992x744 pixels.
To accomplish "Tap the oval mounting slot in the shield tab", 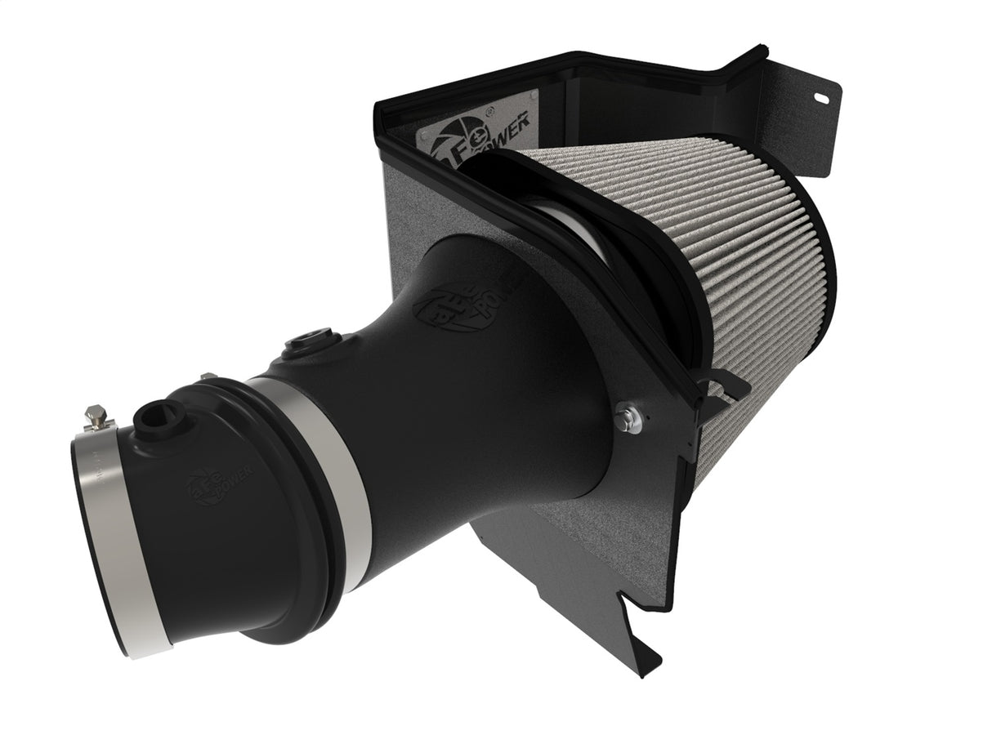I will click(820, 98).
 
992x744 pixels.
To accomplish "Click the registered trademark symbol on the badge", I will click(489, 110).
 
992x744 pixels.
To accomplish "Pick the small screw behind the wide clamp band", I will click(208, 376).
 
